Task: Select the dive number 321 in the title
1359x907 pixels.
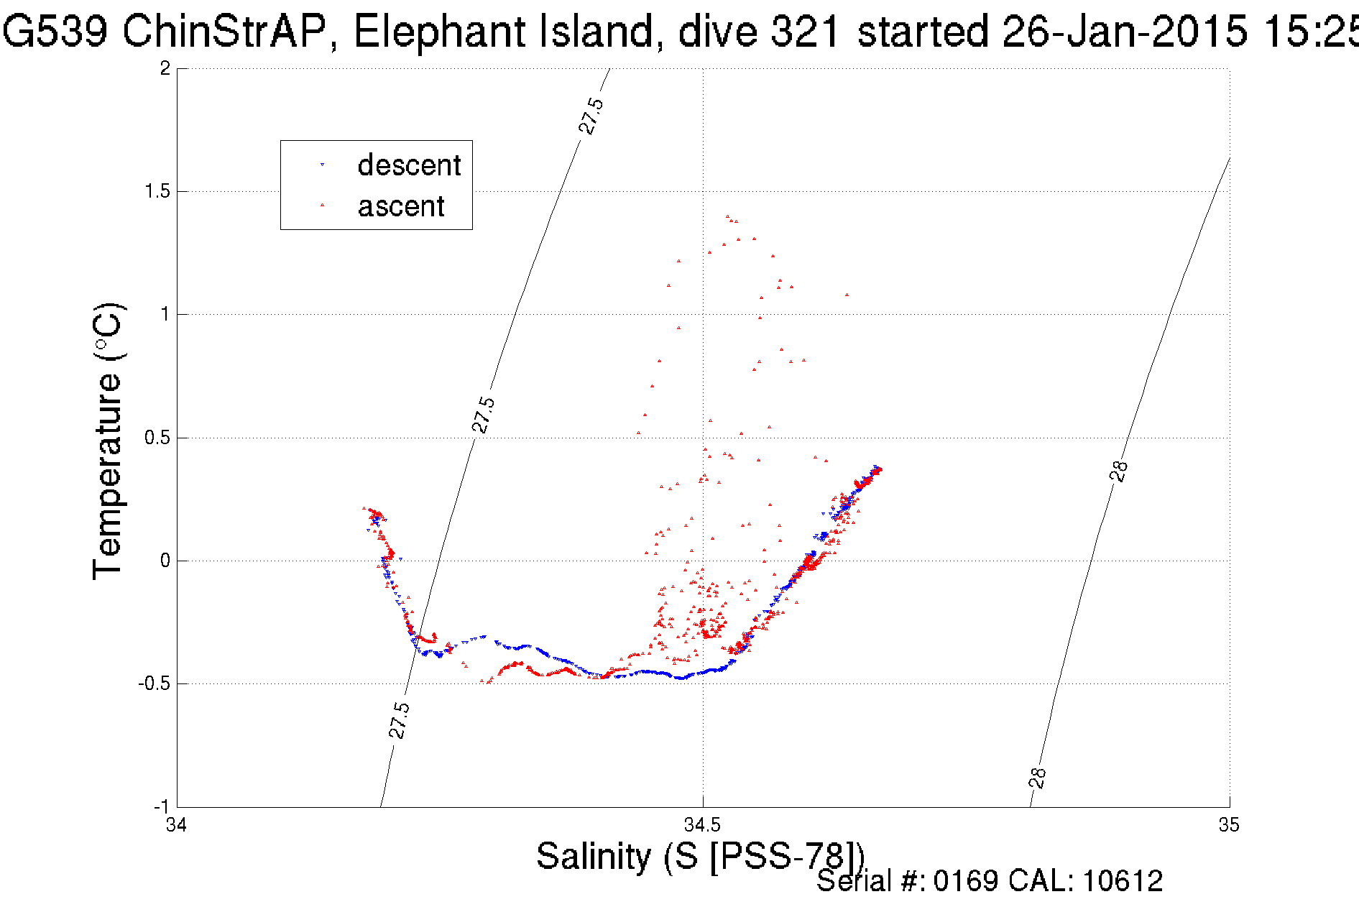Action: [x=805, y=32]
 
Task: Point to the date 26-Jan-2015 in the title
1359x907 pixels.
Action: [x=1125, y=32]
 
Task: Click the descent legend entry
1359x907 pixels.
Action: [x=408, y=165]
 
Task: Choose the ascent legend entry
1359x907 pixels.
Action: [x=400, y=207]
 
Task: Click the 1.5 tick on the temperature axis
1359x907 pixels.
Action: [x=157, y=191]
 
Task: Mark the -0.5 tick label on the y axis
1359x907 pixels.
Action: [x=154, y=683]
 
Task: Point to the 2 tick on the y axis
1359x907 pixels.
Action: [x=165, y=68]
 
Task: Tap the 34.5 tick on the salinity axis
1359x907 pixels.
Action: [x=702, y=824]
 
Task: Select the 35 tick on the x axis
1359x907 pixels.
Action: [x=1229, y=824]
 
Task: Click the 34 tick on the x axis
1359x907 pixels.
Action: [x=177, y=824]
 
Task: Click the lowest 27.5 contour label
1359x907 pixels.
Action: [x=399, y=721]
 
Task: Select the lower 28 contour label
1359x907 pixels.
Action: [x=1038, y=778]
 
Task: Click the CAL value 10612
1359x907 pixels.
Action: [x=1122, y=881]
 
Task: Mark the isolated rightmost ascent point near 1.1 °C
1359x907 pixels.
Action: [x=847, y=295]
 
